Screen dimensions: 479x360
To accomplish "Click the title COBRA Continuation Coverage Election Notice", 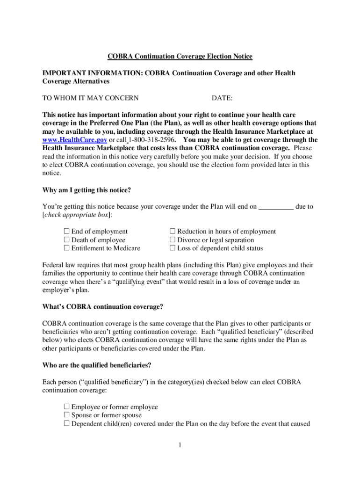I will click(180, 57).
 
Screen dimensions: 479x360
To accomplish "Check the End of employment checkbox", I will click(66, 231).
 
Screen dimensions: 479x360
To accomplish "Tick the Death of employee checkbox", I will click(66, 239).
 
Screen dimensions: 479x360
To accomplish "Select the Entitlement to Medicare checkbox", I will click(66, 248).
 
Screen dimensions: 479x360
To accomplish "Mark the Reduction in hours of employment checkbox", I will click(172, 231).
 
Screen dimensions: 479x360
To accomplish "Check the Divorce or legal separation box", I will click(172, 239).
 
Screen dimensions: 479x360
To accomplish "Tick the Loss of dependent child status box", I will click(172, 248).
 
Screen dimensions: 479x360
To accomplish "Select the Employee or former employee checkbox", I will click(66, 407).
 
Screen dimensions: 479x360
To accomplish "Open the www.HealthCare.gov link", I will click(74, 140).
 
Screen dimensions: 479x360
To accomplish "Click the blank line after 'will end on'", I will click(276, 206).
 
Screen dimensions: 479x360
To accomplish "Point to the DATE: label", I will click(222, 98).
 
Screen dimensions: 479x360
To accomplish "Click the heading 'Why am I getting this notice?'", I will click(86, 190).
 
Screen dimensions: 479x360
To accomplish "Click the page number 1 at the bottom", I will click(180, 445).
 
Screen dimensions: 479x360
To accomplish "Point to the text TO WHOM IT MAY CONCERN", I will click(91, 98).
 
